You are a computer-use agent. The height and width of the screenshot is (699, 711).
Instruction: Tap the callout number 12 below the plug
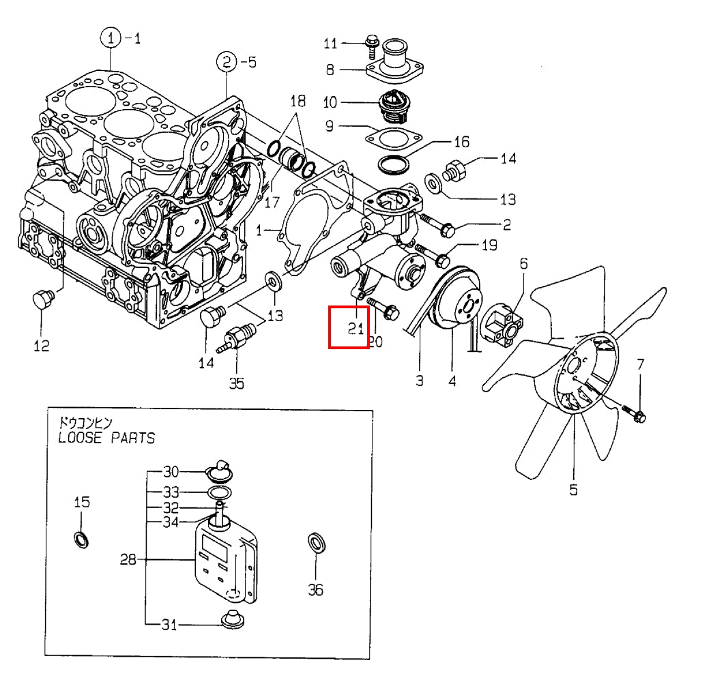pos(42,346)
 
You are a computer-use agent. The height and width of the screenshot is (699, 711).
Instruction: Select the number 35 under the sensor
pos(236,383)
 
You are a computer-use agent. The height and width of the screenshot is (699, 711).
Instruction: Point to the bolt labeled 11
pos(373,44)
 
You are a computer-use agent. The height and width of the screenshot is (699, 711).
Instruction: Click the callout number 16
pos(461,142)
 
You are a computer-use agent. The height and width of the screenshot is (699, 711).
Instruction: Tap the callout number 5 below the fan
pos(573,489)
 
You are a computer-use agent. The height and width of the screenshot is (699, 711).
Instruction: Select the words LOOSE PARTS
pos(106,437)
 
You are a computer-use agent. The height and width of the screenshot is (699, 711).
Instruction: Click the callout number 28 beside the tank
pos(128,560)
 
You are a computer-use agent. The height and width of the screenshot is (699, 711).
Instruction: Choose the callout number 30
pos(171,471)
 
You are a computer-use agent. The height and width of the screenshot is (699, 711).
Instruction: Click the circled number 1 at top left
pos(111,39)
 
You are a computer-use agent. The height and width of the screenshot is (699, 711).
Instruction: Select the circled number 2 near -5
pos(226,62)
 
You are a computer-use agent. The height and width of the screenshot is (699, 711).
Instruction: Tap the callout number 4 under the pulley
pos(452,381)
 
